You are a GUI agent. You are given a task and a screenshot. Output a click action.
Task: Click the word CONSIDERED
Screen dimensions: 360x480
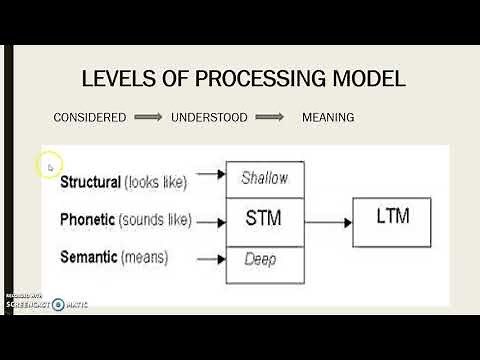(90, 117)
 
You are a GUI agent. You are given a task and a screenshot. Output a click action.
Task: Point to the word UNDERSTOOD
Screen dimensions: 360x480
(209, 117)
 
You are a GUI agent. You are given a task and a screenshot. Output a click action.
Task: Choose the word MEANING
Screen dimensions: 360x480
(328, 117)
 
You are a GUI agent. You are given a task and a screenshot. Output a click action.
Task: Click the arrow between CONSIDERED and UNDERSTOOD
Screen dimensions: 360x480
(147, 117)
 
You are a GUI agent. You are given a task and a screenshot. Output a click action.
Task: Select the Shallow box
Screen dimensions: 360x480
(264, 178)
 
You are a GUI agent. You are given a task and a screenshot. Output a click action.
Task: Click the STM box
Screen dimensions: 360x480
(264, 218)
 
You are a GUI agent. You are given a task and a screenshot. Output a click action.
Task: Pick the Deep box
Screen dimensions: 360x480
(264, 260)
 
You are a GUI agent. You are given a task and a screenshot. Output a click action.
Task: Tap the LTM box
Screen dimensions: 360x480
(393, 218)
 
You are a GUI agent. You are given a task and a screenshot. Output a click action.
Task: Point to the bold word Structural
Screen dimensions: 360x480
(90, 182)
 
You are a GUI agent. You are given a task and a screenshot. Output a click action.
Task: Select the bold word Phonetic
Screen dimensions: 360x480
(87, 219)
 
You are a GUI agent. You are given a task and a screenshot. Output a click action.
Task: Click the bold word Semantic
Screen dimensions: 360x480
(88, 257)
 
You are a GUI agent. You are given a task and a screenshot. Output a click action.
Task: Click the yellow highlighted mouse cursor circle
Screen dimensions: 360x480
(48, 165)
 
